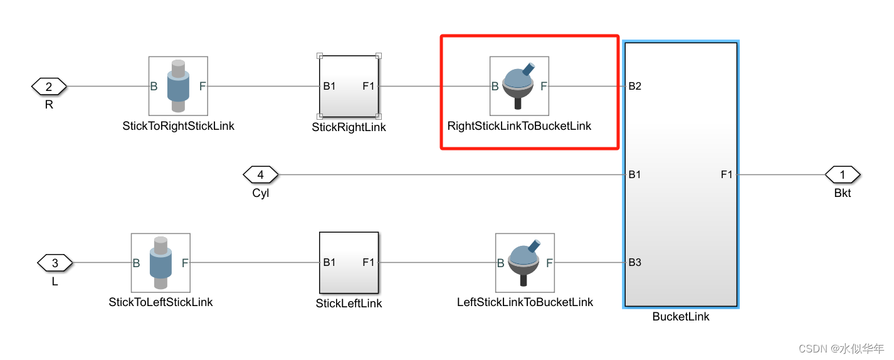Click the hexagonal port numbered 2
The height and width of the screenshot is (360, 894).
49,86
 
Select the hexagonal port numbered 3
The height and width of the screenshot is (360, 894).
55,263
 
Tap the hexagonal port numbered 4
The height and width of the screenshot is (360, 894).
260,174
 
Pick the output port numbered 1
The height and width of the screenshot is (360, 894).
842,174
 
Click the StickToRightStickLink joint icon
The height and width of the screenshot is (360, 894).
178,86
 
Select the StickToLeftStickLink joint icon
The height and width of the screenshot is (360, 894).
160,263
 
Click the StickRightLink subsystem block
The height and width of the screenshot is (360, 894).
349,86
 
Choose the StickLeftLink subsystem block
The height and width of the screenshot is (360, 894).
349,263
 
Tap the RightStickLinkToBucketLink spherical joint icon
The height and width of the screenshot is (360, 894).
519,86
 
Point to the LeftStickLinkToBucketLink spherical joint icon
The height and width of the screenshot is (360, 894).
525,263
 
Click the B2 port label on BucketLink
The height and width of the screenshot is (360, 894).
634,86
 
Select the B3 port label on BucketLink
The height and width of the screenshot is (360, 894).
634,262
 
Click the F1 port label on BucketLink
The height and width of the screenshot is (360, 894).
727,174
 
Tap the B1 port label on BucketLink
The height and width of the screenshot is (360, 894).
634,174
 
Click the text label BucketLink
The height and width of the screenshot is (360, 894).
680,317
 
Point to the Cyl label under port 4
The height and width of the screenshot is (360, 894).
261,193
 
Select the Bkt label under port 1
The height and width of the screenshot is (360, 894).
843,193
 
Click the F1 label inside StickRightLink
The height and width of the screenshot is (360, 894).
368,86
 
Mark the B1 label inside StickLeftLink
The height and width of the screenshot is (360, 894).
329,262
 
